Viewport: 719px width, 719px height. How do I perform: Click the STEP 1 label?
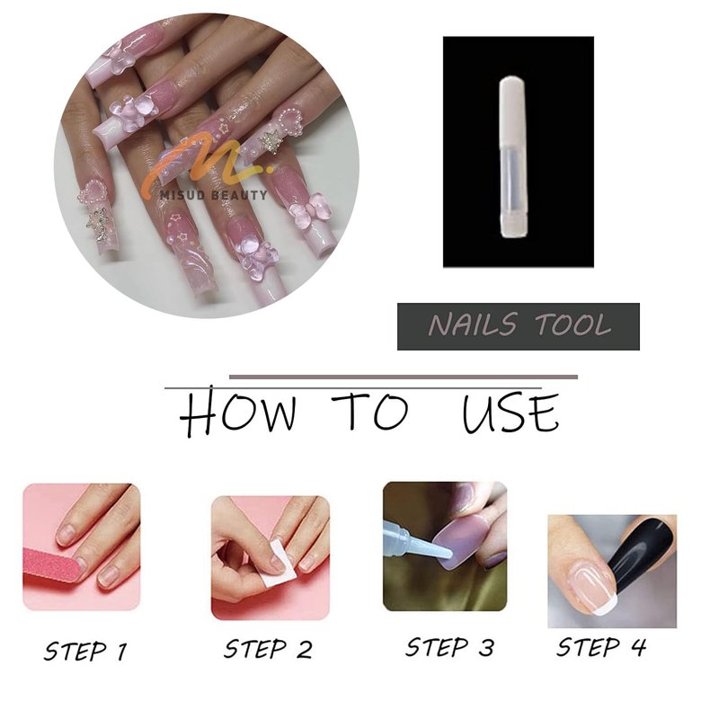(85, 651)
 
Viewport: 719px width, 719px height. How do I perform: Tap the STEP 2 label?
(268, 649)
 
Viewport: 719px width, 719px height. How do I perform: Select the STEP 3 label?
(450, 647)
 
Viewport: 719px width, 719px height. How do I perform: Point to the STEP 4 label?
(601, 647)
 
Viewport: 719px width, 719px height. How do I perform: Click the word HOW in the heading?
(237, 413)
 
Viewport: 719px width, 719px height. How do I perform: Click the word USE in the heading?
(510, 413)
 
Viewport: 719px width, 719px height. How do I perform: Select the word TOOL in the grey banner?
(573, 324)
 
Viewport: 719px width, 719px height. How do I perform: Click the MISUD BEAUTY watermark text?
(213, 195)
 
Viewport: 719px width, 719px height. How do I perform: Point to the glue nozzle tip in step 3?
(448, 555)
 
